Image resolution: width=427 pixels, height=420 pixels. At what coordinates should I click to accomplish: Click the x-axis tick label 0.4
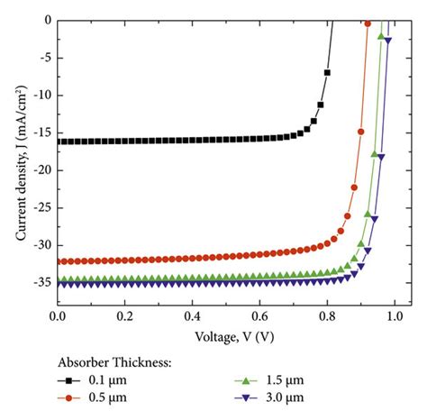pyautogui.click(x=192, y=318)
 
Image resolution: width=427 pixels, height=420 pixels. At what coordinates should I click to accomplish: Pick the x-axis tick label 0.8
pyautogui.click(x=326, y=318)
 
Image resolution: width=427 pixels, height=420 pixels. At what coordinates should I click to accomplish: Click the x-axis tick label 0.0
pyautogui.click(x=58, y=318)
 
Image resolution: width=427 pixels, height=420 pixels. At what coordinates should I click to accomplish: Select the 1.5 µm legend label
pyautogui.click(x=283, y=381)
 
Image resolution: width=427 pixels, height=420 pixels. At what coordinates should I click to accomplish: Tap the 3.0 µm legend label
pyautogui.click(x=283, y=397)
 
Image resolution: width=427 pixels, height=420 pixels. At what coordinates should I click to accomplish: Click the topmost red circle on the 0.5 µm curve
pyautogui.click(x=367, y=23)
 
